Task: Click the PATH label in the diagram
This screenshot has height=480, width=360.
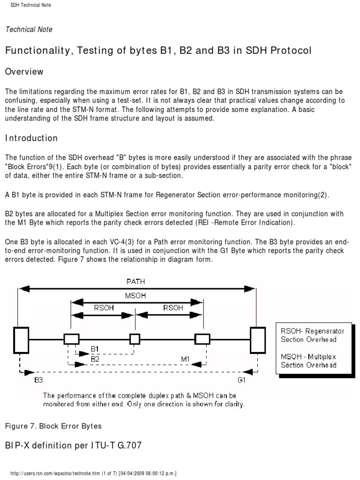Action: (x=135, y=282)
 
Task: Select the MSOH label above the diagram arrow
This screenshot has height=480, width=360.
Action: (x=136, y=295)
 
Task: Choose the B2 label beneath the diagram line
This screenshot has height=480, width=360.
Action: (x=95, y=359)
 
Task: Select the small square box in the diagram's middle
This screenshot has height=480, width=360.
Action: (x=135, y=339)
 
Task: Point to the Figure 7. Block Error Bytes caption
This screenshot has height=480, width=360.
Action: (x=53, y=426)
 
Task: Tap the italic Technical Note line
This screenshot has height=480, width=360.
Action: (x=29, y=30)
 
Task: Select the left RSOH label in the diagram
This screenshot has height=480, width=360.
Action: (x=102, y=307)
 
